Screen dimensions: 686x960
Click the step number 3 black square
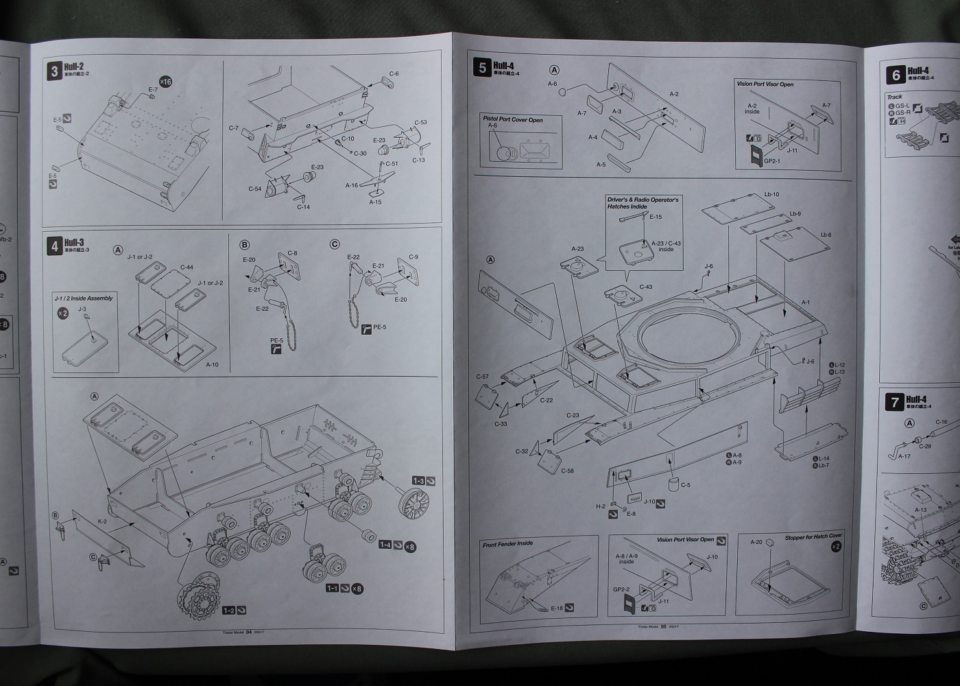pos(54,71)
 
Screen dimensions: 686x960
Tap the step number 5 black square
pos(483,67)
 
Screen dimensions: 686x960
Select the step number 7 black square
pos(894,401)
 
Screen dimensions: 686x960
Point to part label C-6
pos(394,73)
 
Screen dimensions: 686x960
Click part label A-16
pos(352,185)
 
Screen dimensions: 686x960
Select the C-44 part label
pos(187,267)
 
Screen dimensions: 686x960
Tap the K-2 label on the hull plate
pos(102,522)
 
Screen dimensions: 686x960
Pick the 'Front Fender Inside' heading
pos(507,543)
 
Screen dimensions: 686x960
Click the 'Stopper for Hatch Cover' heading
pos(813,536)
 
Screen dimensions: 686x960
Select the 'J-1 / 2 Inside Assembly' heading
pos(82,298)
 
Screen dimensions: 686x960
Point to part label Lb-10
pos(771,194)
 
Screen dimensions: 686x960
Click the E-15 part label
pos(656,217)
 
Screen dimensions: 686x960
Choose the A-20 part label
pos(756,542)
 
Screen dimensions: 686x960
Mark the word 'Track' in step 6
pos(894,97)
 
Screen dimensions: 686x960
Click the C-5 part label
pos(685,486)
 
